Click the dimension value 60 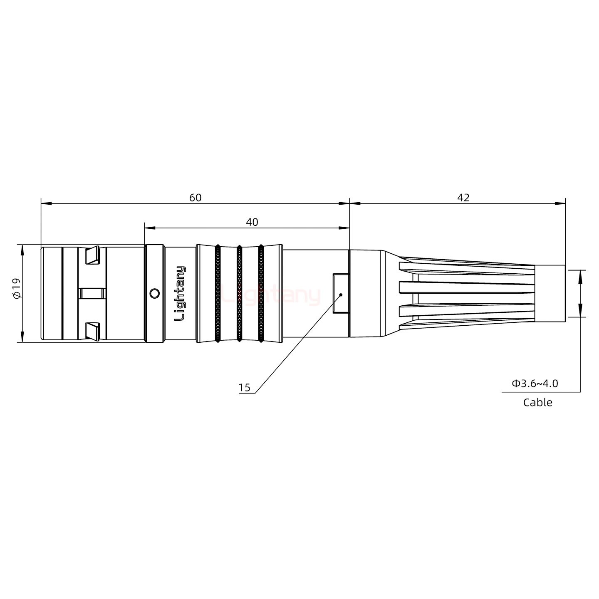click(195, 198)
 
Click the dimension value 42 click(463, 198)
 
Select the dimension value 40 click(252, 222)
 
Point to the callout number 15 click(245, 388)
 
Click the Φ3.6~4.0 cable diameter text click(535, 383)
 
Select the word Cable click(537, 402)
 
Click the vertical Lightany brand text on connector click(180, 294)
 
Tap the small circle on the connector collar click(154, 294)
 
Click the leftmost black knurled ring click(218, 294)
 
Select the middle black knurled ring click(239, 294)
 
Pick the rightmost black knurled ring click(261, 294)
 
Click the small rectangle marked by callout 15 click(341, 293)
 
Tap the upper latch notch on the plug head click(92, 255)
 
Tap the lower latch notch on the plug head click(92, 330)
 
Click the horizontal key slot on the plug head click(92, 294)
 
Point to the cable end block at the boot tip click(549, 293)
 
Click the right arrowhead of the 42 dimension click(561, 203)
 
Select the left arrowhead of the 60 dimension click(46, 203)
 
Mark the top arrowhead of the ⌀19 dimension click(22, 249)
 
